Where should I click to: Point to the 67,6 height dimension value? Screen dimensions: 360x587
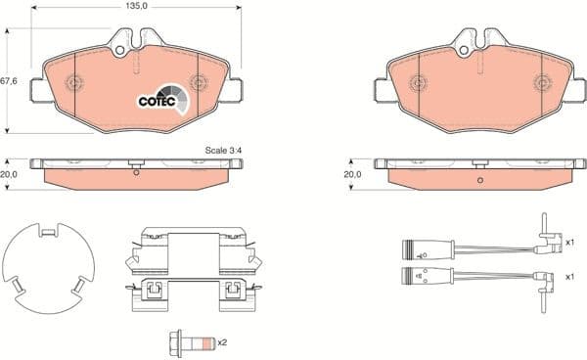coord(8,82)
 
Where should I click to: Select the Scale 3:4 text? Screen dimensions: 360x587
coord(222,151)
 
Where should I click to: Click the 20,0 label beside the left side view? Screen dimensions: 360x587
coord(8,174)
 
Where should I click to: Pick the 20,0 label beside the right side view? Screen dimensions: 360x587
coord(352,174)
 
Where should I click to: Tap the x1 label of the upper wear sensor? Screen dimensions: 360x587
coord(570,241)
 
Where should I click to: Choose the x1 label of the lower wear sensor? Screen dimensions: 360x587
coord(570,276)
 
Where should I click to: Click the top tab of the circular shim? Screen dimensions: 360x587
coord(44,231)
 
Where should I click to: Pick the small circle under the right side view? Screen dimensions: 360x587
coord(479,180)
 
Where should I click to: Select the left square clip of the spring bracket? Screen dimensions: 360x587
coord(153,290)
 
